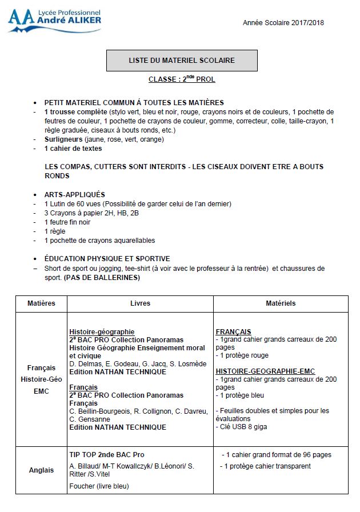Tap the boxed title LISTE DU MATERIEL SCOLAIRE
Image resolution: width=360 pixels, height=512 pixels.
[181, 60]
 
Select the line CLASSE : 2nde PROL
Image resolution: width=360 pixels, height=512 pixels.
[182, 79]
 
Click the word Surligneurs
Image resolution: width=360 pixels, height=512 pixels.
[63, 139]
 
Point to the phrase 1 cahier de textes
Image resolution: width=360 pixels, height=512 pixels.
[73, 148]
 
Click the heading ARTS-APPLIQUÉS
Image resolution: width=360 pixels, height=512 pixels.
[74, 194]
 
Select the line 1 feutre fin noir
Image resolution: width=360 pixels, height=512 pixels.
[67, 222]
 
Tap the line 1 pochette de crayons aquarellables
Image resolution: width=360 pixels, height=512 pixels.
[99, 241]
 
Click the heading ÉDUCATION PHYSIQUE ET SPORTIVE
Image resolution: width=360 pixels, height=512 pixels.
[107, 259]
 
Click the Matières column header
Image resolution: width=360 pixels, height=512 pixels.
[41, 303]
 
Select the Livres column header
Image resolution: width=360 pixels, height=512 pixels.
[140, 303]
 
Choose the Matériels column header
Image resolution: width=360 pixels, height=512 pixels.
[281, 303]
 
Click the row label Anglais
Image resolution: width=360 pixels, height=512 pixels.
[41, 470]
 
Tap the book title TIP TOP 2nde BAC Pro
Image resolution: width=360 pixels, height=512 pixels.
[106, 455]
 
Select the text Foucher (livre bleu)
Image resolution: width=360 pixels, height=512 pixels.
[99, 486]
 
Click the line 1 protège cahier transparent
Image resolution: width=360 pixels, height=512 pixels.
[267, 466]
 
